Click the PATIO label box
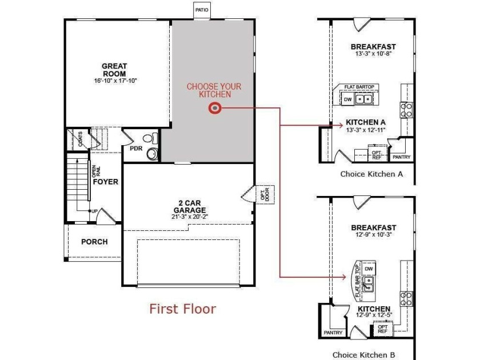pos(202,10)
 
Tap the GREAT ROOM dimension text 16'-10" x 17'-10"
pos(115,81)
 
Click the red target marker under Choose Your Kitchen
pos(215,108)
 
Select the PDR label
pos(136,149)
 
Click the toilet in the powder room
pos(150,138)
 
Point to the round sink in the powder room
pos(152,154)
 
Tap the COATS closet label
pos(80,139)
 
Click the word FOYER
pos(106,182)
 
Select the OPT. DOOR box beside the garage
pos(265,194)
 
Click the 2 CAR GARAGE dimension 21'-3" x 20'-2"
pos(190,217)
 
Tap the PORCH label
pos(94,242)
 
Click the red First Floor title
pos(183,309)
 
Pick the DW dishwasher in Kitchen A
pos(348,99)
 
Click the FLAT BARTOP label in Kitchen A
pos(359,87)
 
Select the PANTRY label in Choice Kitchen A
pos(401,157)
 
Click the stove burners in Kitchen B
pos(406,299)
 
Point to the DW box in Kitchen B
pos(369,269)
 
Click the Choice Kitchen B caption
pos(363,355)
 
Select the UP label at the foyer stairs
pos(95,211)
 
